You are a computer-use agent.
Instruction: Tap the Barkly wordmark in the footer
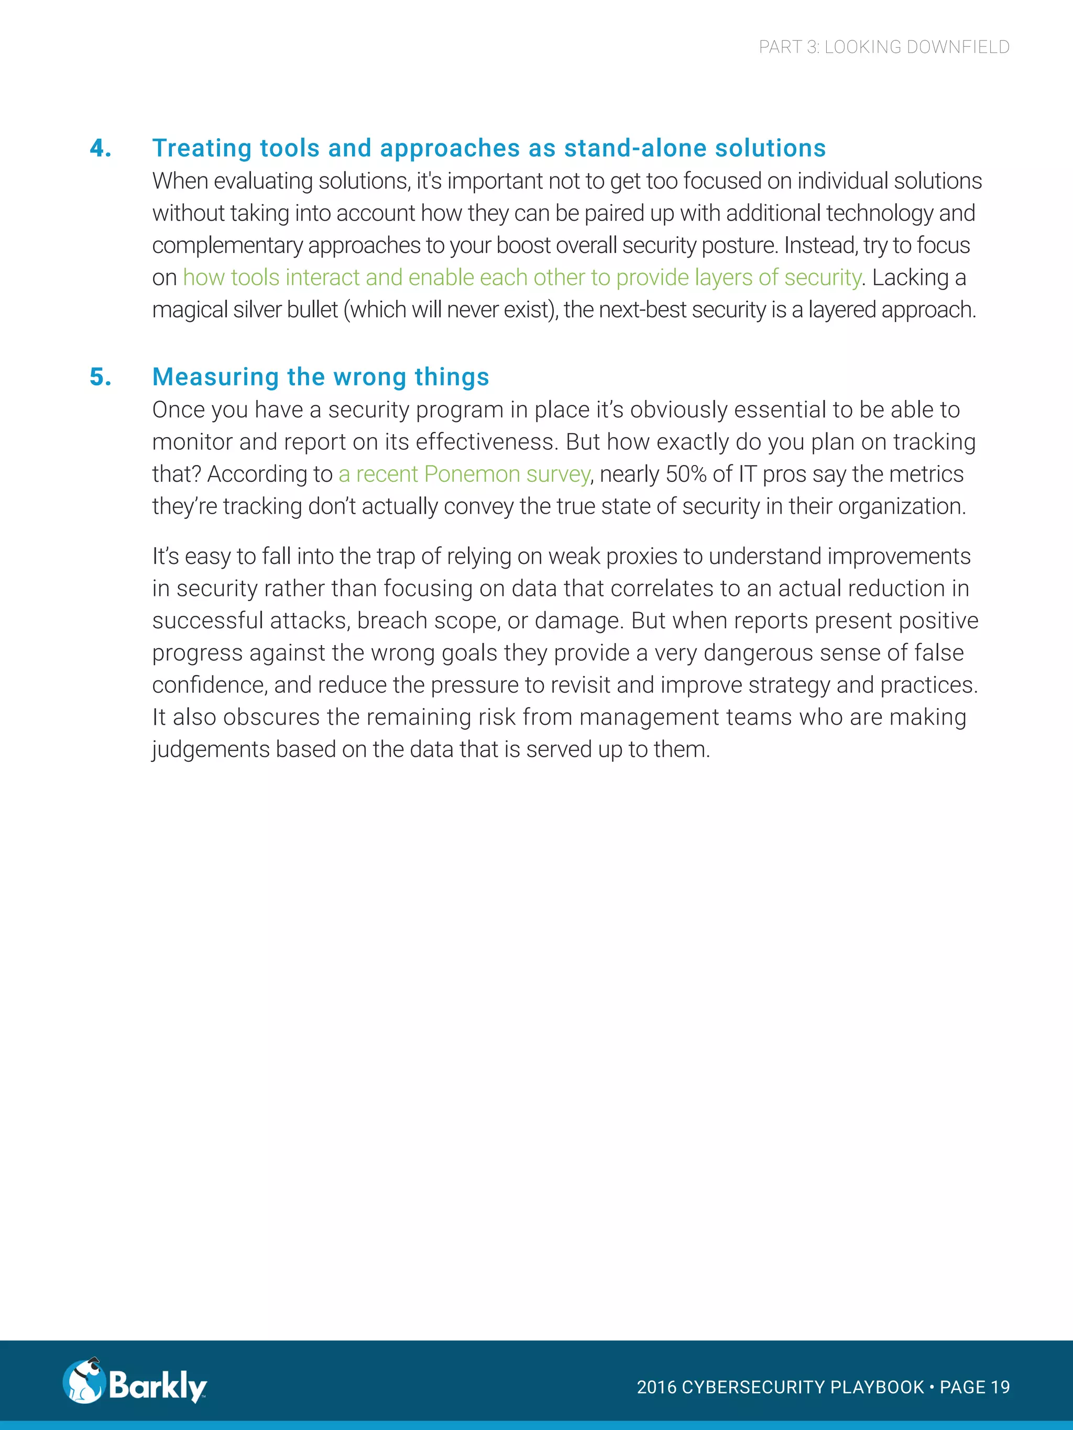[x=157, y=1385]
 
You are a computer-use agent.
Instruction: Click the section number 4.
[x=100, y=148]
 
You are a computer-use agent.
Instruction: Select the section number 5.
[x=100, y=377]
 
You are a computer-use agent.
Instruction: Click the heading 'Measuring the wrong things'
[x=320, y=377]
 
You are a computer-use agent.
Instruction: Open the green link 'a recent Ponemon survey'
[x=464, y=474]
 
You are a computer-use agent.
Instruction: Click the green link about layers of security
[x=522, y=278]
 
